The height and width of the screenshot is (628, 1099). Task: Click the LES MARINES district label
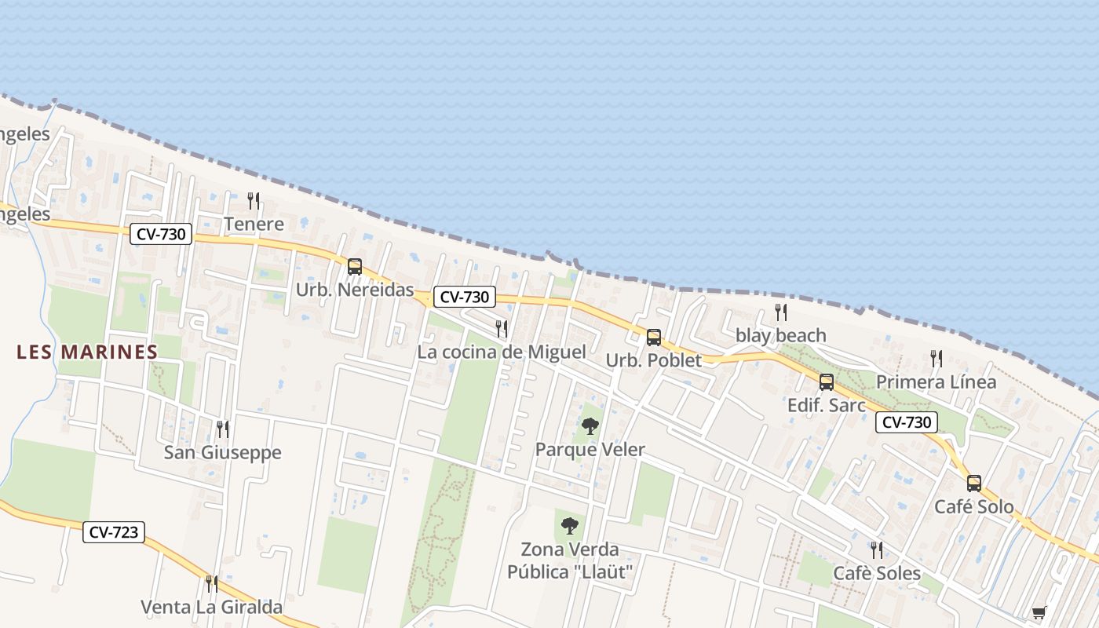(x=87, y=352)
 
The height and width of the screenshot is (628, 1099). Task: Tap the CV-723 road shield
(x=114, y=532)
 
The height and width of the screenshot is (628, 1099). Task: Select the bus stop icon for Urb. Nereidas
(x=355, y=267)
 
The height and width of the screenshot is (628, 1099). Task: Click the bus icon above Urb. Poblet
(x=653, y=338)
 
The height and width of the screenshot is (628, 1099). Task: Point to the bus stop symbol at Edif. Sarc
(x=826, y=382)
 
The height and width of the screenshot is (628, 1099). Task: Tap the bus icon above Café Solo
(x=973, y=484)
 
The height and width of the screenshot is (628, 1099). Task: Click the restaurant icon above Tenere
(x=253, y=201)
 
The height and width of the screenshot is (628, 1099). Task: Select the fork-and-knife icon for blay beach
(x=780, y=312)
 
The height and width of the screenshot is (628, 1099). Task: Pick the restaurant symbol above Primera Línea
(x=936, y=359)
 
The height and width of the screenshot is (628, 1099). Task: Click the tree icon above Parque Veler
(x=590, y=426)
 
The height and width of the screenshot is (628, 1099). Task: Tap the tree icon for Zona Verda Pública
(x=570, y=526)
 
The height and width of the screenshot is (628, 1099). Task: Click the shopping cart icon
(x=1039, y=612)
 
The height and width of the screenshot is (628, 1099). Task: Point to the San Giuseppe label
(x=222, y=453)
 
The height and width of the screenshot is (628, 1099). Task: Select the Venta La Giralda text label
(x=211, y=607)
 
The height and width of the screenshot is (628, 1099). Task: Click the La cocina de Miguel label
(x=501, y=352)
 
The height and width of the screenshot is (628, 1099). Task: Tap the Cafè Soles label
(x=877, y=573)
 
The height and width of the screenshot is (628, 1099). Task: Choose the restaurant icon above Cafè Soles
(x=876, y=549)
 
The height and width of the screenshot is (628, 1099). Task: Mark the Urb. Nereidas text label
(x=355, y=290)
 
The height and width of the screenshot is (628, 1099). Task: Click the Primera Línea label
(x=936, y=382)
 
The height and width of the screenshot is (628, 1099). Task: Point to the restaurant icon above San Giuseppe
(x=223, y=429)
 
